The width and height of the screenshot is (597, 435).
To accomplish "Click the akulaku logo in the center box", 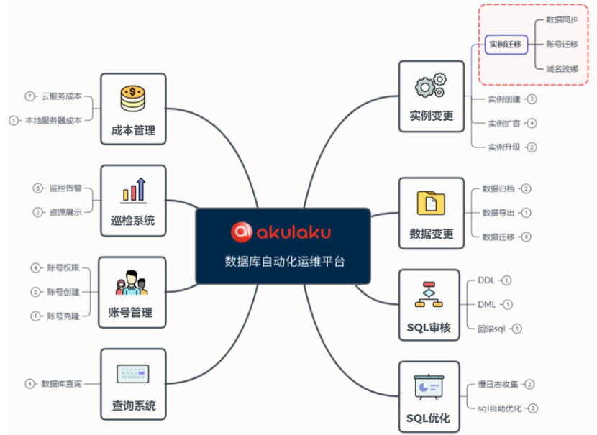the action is coord(281,232).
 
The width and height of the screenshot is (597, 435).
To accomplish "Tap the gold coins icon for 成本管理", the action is coord(133,98).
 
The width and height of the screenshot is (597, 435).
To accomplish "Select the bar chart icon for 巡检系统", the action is coord(133,190).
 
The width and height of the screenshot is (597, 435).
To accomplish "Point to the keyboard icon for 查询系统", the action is coord(133,374).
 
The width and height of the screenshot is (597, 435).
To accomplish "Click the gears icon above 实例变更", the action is coord(429,86).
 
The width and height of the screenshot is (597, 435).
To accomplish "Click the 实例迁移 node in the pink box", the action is coord(506,44).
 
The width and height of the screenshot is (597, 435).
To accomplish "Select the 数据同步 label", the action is coord(562,19).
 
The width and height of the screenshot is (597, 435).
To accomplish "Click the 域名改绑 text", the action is coord(562,68).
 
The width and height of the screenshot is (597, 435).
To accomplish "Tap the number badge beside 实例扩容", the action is coord(532,123).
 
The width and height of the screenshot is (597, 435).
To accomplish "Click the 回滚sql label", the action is coord(491,329).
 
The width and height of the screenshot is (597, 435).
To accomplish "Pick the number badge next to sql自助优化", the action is coord(533,408).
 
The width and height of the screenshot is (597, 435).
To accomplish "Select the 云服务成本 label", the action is coord(61,96).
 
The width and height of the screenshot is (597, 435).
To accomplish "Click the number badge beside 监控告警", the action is coord(38,188).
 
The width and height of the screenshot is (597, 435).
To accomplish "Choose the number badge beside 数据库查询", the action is coord(29,384).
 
